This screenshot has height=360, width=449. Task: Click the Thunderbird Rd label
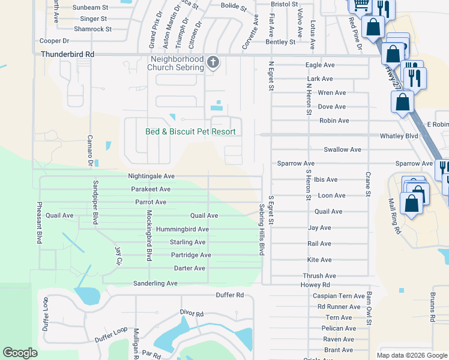coord(68,54)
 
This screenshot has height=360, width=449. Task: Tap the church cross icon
coord(212,62)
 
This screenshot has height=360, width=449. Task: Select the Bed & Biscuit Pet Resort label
coord(190,131)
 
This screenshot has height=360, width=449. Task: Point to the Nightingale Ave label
coord(151,176)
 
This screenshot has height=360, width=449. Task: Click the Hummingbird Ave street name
coord(182,229)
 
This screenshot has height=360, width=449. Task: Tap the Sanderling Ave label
coord(155,283)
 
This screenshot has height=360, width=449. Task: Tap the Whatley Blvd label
coord(399,136)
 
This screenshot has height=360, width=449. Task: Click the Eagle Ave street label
coord(320,65)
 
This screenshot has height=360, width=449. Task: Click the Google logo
coord(20,352)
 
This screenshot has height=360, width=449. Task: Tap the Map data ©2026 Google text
coord(412,355)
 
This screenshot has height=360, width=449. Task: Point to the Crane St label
coord(367,183)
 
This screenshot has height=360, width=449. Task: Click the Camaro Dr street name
coord(91,151)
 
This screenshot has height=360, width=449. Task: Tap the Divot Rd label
coord(192,313)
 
